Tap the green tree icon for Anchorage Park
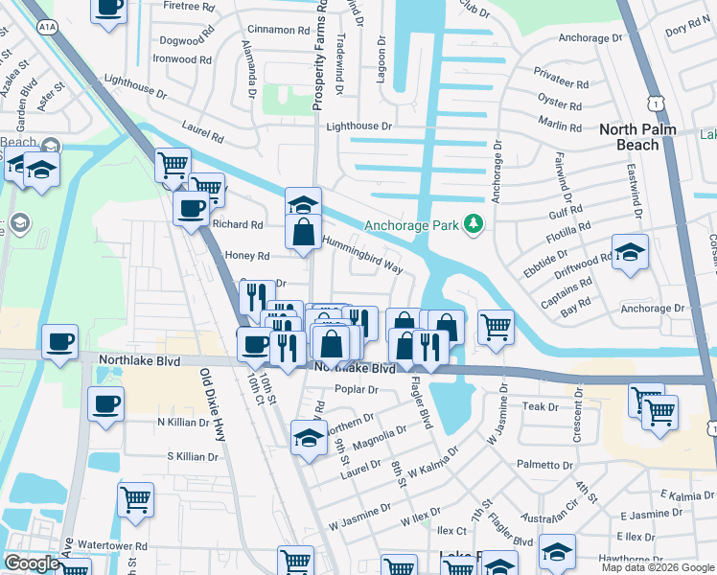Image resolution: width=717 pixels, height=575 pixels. click(x=473, y=224)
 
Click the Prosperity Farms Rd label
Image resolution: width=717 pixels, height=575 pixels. click(x=322, y=56)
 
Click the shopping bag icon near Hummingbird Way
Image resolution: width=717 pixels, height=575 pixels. click(x=303, y=232)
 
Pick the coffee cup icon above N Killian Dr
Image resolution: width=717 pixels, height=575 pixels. click(x=105, y=402)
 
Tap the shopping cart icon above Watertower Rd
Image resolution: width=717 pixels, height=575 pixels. click(x=135, y=498)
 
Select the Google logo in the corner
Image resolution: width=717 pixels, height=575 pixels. click(x=32, y=563)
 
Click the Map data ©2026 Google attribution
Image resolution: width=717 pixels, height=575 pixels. click(x=658, y=567)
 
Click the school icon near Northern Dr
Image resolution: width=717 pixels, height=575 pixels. click(x=308, y=439)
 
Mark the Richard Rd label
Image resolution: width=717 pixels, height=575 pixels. click(x=238, y=225)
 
